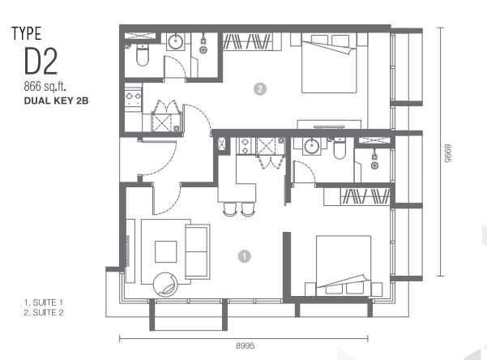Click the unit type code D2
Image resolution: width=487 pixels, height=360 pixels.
tap(41, 62)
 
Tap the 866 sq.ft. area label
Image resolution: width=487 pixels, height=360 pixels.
tap(45, 86)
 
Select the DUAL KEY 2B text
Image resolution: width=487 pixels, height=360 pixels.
tap(56, 101)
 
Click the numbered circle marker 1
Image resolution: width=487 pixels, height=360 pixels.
tap(245, 256)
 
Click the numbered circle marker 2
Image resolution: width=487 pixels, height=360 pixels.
tap(260, 89)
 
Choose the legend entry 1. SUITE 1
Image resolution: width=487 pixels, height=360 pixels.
tap(44, 302)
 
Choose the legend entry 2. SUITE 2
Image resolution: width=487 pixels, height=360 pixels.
tap(44, 313)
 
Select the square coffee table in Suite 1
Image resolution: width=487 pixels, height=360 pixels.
tap(166, 251)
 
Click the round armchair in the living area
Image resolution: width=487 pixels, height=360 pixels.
tap(165, 285)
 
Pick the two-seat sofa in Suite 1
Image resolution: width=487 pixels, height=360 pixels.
tap(197, 251)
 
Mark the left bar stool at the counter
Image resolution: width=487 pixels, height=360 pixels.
tap(230, 209)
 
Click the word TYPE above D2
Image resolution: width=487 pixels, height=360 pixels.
tap(27, 33)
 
